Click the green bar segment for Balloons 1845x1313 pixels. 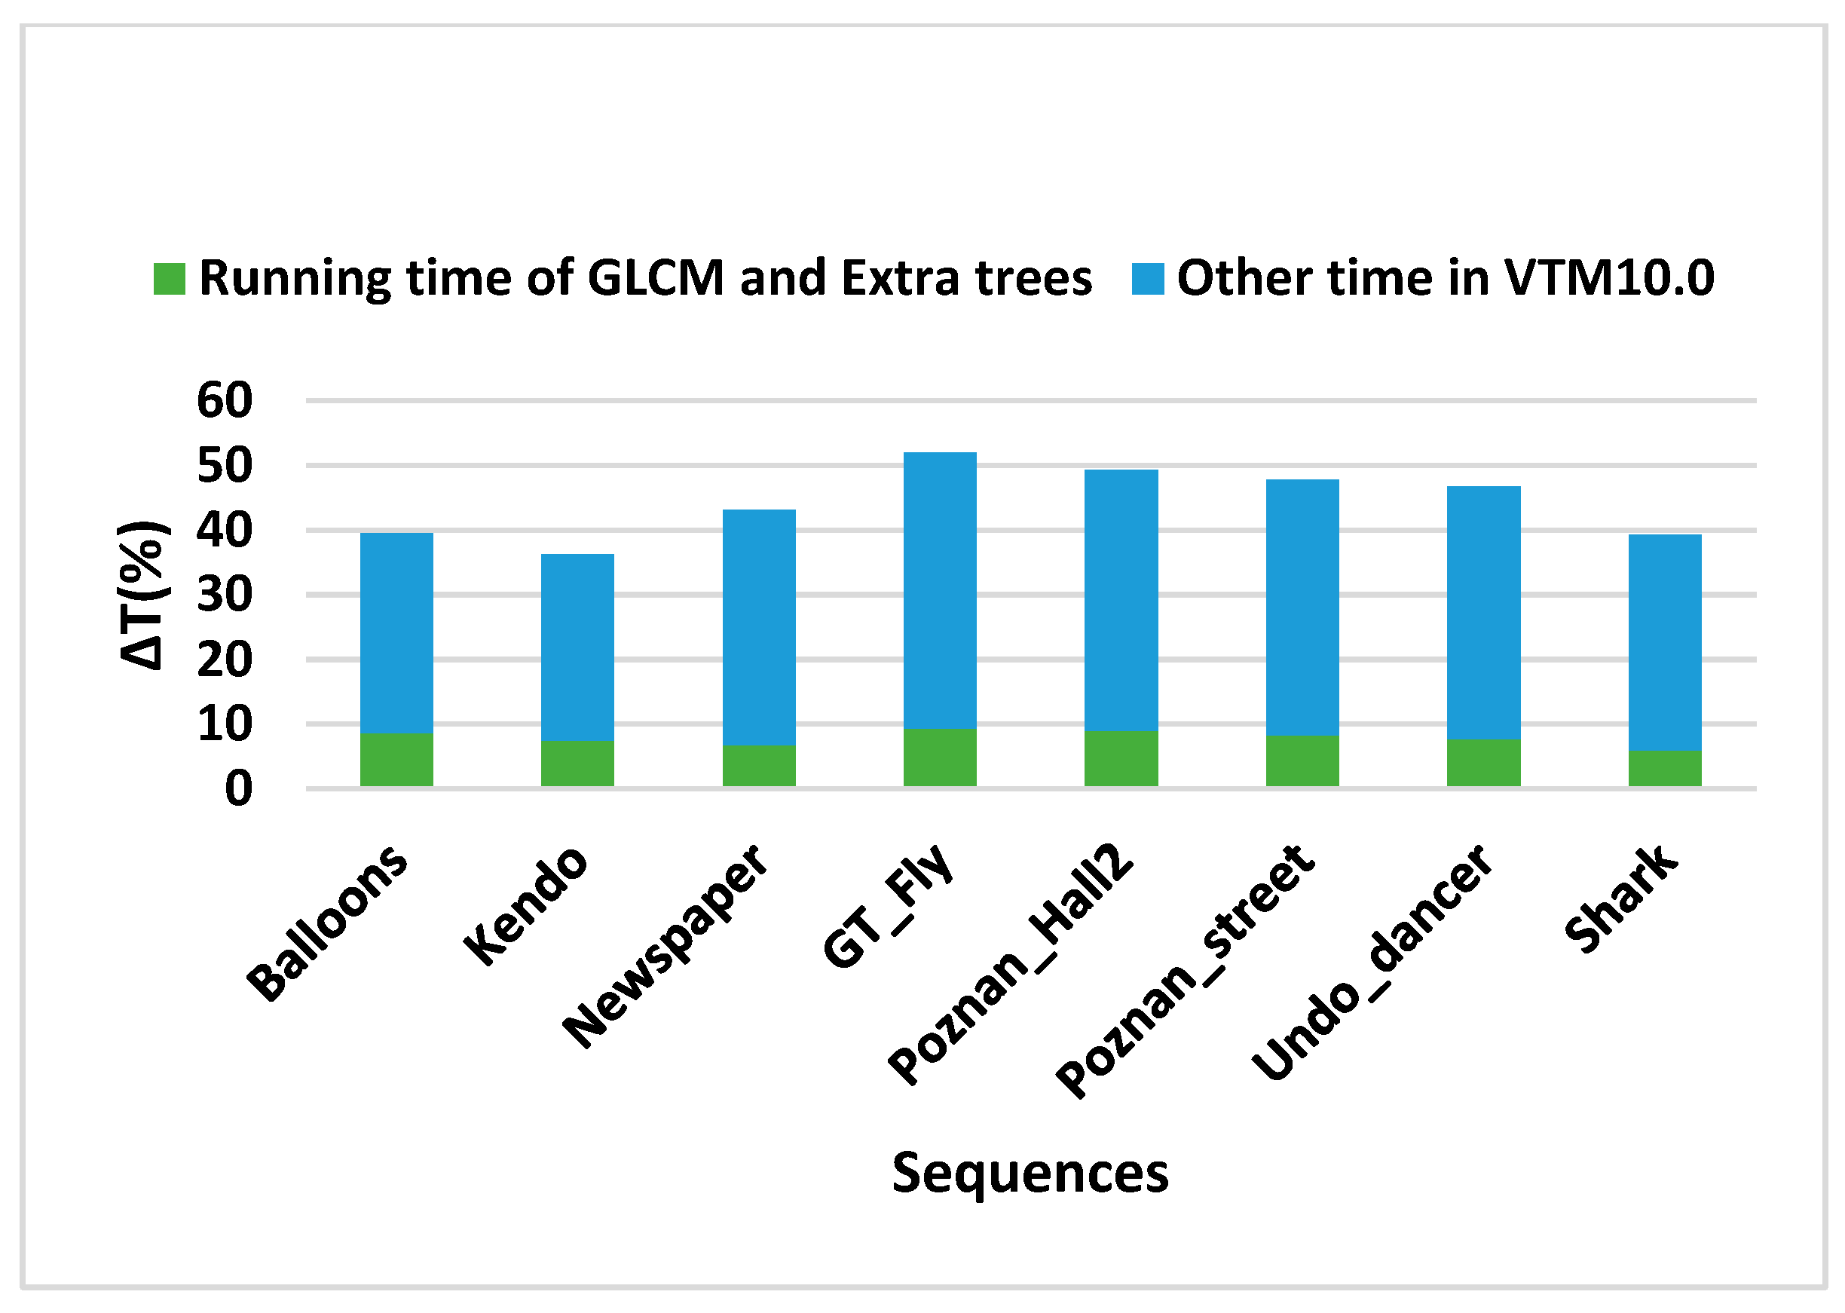396,760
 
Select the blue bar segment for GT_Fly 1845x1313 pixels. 940,590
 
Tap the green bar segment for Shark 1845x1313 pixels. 1665,768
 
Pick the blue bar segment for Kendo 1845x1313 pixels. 577,647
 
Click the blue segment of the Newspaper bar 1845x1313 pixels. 758,626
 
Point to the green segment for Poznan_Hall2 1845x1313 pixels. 1121,758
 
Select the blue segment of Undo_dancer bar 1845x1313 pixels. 1483,612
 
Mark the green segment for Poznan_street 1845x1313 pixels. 1302,761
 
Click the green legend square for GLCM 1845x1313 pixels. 169,279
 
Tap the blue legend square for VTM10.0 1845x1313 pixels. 1147,279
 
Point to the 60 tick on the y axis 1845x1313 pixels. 225,400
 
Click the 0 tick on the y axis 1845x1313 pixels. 238,788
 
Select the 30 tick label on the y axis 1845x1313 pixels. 225,595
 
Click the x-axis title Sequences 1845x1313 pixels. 1030,1173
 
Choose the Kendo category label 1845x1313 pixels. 525,905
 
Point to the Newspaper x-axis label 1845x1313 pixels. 665,946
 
